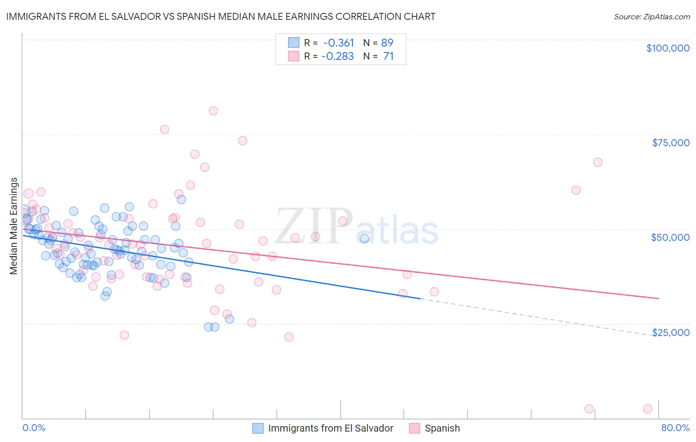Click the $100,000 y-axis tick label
pos(667,48)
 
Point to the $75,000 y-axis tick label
pos(670,143)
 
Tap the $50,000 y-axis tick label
pos(670,237)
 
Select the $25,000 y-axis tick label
pos(670,332)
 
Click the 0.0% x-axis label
pos(34,428)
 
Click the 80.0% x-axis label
pos(675,428)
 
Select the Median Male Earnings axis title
pos(14,225)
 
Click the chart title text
pos(221,16)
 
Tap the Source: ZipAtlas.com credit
pos(651,17)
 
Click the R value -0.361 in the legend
pos(338,43)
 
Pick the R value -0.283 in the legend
pos(338,56)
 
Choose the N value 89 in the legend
pos(387,43)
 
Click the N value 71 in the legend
pos(388,56)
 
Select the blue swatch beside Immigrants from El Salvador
pos(258,428)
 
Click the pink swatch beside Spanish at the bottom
pos(414,428)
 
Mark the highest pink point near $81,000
pos(213,111)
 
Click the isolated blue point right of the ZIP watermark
pos(364,238)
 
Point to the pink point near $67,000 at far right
pos(597,163)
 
